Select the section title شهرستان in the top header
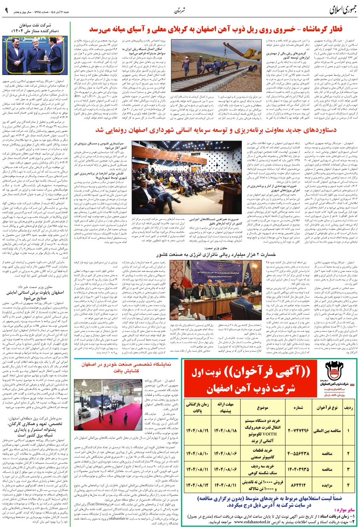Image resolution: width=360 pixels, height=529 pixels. pyautogui.click(x=180, y=11)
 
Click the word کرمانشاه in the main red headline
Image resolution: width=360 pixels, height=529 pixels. pyautogui.click(x=320, y=30)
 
